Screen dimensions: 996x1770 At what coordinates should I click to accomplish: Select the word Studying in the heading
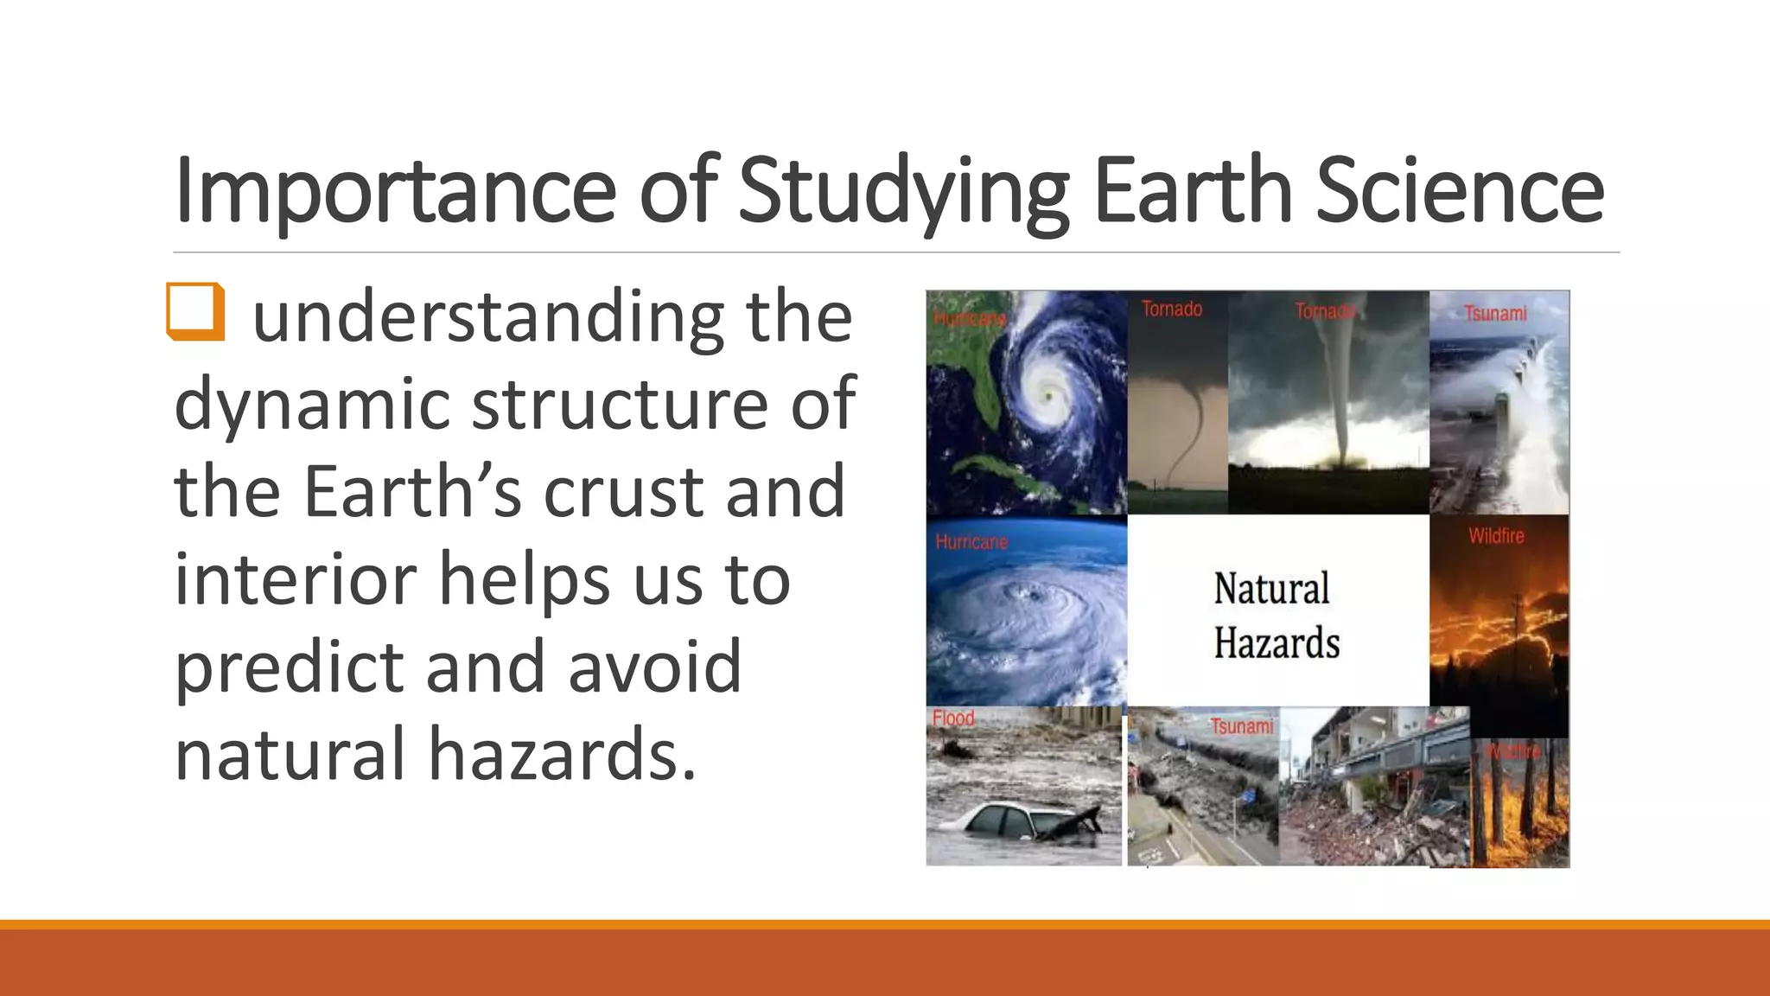coord(903,191)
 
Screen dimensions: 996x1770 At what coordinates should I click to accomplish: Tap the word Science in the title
coord(1460,191)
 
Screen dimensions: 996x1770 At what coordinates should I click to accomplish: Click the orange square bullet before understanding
coord(195,311)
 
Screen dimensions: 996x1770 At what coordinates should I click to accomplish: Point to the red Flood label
coord(953,718)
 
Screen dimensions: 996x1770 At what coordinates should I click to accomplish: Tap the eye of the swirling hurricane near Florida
coord(1048,396)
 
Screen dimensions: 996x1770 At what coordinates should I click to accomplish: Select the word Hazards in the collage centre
coord(1277,643)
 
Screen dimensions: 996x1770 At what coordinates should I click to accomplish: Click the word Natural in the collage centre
coord(1271,589)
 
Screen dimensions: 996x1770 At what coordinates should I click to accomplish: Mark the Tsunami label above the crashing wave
coord(1494,313)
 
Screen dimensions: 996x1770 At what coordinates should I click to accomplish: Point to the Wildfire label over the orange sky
coord(1496,536)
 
